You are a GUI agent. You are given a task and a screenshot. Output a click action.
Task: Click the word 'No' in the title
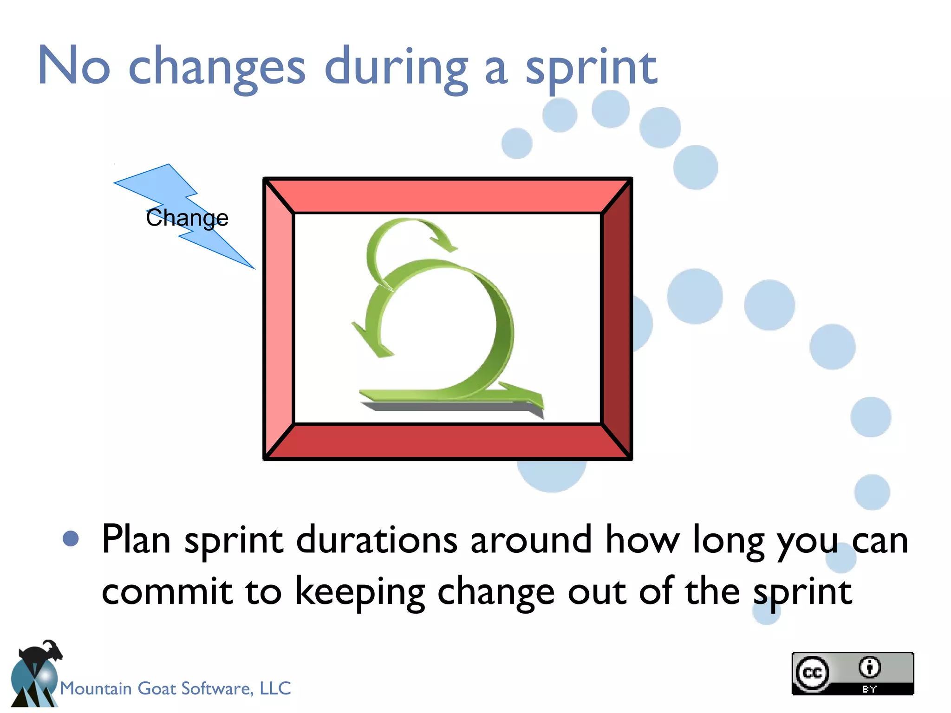pos(74,66)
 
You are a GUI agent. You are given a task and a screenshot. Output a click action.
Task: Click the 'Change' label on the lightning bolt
pos(187,218)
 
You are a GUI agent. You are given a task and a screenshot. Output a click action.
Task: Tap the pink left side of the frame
pos(279,318)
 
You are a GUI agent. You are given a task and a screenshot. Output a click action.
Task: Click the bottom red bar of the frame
pos(448,441)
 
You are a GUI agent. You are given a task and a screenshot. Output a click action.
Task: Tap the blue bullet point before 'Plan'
pos(71,539)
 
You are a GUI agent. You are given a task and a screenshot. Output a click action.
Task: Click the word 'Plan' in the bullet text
pos(136,540)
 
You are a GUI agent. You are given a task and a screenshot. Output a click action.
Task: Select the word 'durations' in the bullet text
pos(377,540)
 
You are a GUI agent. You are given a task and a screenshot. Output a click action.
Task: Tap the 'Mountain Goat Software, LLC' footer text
pos(176,688)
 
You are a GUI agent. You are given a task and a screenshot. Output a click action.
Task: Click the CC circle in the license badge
pos(812,673)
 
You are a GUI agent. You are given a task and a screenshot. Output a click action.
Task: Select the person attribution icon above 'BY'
pos(869,668)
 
